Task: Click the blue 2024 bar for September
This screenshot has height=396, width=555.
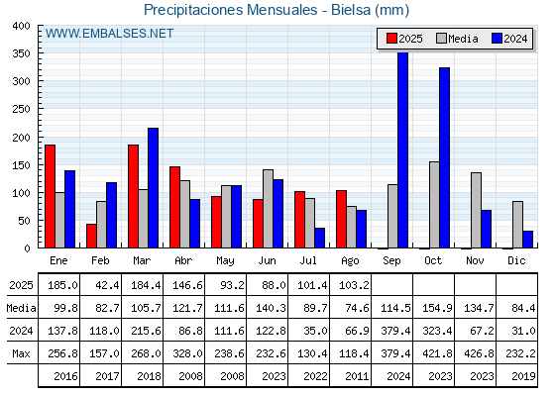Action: (x=402, y=149)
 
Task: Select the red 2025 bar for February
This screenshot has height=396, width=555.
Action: (x=91, y=236)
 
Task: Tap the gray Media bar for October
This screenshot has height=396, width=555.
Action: (x=434, y=205)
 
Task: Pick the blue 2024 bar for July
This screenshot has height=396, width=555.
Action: (x=319, y=238)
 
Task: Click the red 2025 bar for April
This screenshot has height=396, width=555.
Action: (x=174, y=207)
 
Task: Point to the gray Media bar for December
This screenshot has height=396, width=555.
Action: (x=517, y=225)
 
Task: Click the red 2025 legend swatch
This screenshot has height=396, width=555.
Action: (x=391, y=39)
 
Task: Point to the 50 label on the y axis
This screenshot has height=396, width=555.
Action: (x=24, y=221)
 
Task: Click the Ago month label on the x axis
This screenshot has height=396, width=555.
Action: (x=350, y=261)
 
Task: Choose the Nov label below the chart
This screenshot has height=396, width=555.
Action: (x=475, y=260)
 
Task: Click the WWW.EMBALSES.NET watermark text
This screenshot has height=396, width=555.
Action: (x=109, y=34)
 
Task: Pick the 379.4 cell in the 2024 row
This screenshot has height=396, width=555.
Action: (x=395, y=331)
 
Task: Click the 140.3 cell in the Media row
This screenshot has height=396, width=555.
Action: (x=271, y=308)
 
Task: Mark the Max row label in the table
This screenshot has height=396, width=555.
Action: (x=21, y=353)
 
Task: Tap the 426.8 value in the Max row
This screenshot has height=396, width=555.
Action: (x=479, y=353)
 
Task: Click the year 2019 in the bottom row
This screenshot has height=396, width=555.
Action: (x=523, y=376)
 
